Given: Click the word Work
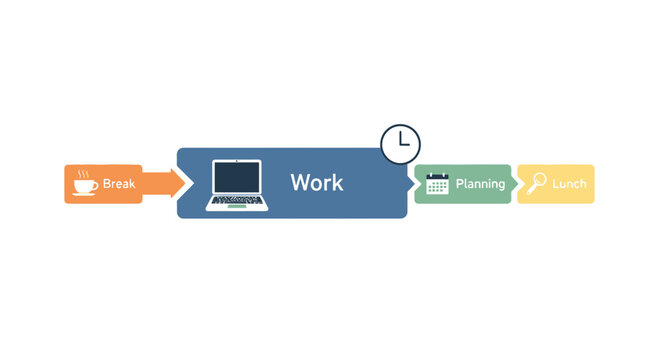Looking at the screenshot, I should point(316,183).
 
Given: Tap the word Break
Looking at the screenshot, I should point(118,184).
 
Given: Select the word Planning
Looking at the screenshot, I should point(480,184).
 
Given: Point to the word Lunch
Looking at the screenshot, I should point(568,184).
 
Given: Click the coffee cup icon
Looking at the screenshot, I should point(84,185).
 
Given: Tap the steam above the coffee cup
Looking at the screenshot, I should point(83,173).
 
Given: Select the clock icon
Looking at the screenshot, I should point(400,144).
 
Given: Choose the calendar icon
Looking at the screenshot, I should point(437,184).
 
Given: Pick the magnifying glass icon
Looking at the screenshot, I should point(537,183).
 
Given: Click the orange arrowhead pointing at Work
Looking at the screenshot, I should point(178,184).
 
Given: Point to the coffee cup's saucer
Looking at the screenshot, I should point(84,193).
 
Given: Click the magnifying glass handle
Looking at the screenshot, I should point(532,189).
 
